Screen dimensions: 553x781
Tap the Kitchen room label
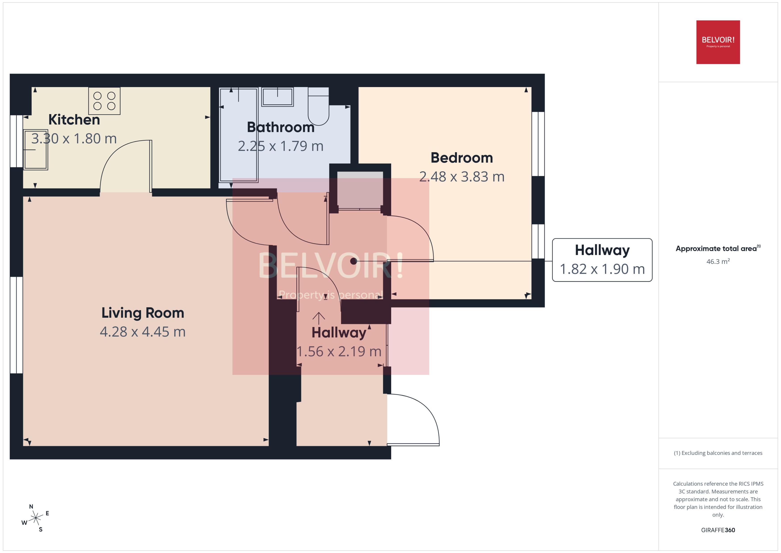(x=74, y=119)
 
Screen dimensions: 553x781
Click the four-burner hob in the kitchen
(x=104, y=101)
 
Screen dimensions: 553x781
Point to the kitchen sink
(x=35, y=150)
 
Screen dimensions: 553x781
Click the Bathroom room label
(x=280, y=127)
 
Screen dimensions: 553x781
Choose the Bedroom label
(x=461, y=158)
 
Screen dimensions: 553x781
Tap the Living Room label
(x=143, y=313)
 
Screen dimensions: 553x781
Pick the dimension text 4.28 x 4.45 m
(x=143, y=332)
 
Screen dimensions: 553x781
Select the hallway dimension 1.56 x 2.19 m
(x=339, y=351)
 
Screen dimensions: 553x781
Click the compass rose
(x=35, y=518)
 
